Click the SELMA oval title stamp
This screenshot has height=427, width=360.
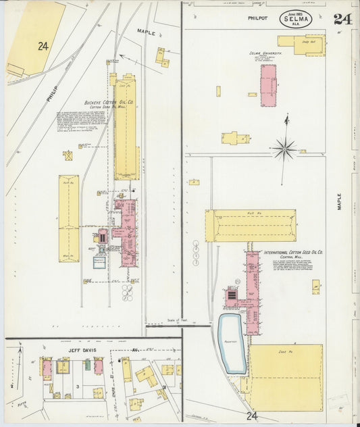296,18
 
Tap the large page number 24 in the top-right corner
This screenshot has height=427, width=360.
342,19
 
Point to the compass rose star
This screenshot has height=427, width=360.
284,147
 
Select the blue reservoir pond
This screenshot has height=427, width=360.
232,343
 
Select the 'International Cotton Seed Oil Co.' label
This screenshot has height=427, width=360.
293,252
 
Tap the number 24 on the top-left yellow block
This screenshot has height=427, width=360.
43,46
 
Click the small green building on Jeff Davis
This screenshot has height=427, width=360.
87,365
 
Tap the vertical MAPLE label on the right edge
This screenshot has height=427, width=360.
339,202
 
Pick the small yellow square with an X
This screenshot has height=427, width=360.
68,155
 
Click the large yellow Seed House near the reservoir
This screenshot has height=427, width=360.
284,377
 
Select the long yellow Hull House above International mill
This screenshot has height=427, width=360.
251,226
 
